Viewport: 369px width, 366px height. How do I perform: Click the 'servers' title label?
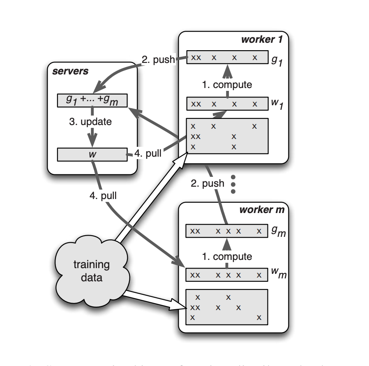[70, 71]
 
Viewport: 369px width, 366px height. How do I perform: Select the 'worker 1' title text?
[264, 39]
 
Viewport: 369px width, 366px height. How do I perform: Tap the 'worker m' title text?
[262, 210]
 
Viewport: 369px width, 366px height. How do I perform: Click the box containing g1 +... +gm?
[92, 100]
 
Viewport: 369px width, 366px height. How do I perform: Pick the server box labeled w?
[92, 154]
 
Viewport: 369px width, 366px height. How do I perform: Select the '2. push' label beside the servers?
[158, 60]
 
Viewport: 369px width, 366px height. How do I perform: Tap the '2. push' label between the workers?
[208, 183]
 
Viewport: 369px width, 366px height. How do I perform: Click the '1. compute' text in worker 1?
[227, 85]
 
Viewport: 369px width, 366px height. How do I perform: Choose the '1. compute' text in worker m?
[227, 256]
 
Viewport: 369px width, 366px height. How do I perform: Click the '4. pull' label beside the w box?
[148, 154]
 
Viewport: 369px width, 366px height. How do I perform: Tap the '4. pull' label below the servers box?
[103, 196]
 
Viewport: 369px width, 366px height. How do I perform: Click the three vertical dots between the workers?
[233, 184]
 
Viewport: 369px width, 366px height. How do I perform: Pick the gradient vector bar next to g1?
[226, 58]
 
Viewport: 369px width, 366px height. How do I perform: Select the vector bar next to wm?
[226, 275]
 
